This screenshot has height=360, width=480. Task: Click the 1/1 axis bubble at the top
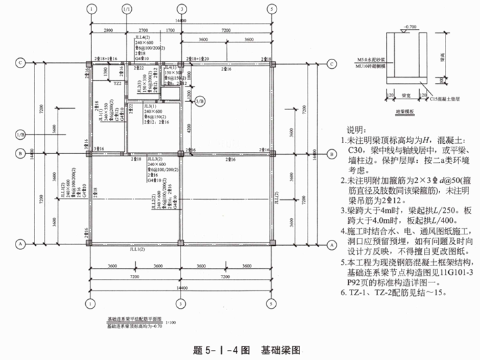126,9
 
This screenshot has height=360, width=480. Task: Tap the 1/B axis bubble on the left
20,134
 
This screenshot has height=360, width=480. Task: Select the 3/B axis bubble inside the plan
199,101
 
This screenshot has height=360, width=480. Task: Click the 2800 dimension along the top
108,31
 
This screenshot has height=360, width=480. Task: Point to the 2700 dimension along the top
143,31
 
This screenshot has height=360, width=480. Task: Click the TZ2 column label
118,84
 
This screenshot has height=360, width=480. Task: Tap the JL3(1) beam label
149,106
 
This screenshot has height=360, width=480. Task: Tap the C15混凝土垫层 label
446,99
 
